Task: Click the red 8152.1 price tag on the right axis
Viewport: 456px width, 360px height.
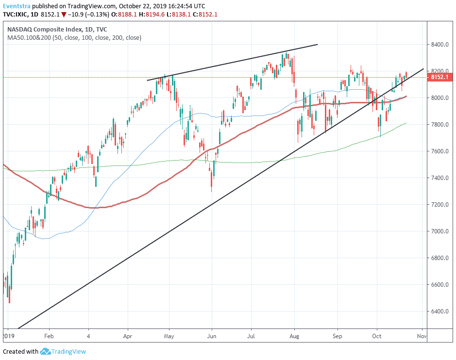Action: coord(440,77)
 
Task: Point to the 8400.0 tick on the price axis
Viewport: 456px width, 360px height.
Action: coord(439,45)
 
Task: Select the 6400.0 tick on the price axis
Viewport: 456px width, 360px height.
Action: coord(439,311)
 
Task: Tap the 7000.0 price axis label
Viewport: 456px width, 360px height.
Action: coord(439,231)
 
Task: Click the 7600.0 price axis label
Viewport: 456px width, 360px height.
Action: coord(439,151)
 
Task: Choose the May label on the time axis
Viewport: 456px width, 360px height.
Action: coord(169,336)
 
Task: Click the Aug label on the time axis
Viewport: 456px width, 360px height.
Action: coord(294,336)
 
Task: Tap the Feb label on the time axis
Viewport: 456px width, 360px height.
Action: coord(49,336)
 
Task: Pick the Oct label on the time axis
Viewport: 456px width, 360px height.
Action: coord(377,336)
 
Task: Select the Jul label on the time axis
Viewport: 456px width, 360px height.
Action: coord(251,336)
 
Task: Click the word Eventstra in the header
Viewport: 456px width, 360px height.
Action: coord(17,6)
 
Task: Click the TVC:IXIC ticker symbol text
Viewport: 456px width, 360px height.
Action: coord(16,14)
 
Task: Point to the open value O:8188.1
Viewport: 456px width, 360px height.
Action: coord(124,14)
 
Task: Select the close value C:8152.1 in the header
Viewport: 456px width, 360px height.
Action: coord(205,14)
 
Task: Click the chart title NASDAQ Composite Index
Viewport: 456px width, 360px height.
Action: coord(44,29)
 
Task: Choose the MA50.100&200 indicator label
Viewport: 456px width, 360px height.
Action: coord(29,37)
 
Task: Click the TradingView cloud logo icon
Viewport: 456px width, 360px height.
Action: coord(45,351)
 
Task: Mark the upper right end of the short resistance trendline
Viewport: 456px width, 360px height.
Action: coord(318,45)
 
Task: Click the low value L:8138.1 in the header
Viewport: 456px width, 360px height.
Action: coord(179,14)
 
